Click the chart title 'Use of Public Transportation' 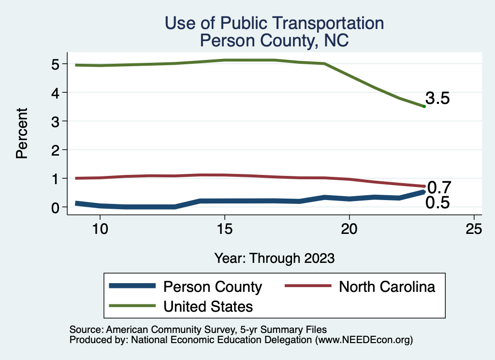pos(274,23)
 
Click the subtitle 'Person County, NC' pos(274,41)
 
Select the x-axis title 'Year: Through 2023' pos(274,258)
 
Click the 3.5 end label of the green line pos(437,99)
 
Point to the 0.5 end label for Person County pos(437,203)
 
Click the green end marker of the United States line pos(424,106)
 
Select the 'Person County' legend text pos(213,287)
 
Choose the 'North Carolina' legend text pos(387,287)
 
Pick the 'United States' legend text pos(208,306)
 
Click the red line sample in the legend pos(308,287)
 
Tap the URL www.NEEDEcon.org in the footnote pos(364,340)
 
